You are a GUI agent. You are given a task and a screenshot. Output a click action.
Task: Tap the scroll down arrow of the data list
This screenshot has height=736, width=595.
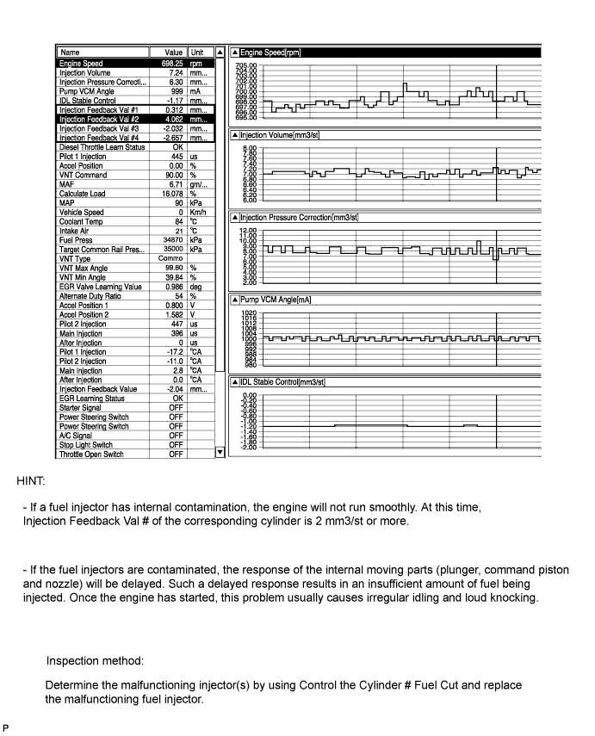tap(219, 452)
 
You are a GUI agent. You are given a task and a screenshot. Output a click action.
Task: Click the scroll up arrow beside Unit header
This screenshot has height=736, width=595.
tap(219, 53)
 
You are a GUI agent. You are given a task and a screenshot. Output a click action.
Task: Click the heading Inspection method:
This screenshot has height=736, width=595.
tap(96, 661)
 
